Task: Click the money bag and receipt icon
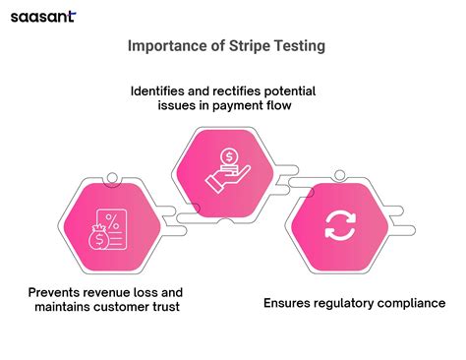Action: tap(105, 234)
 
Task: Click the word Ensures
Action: tap(292, 303)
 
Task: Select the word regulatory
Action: tap(355, 303)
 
